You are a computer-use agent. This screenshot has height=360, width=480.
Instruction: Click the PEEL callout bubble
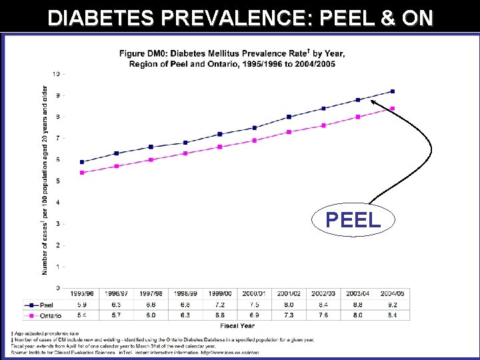(x=353, y=219)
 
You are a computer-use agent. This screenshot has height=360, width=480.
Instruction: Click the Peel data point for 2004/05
(x=393, y=91)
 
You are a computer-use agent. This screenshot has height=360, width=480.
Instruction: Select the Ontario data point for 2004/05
(x=393, y=108)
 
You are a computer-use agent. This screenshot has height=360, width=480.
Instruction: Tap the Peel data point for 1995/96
(x=82, y=162)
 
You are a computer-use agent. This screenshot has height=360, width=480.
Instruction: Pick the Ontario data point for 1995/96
(x=82, y=173)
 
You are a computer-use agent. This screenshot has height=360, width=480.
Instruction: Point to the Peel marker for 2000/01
(x=255, y=128)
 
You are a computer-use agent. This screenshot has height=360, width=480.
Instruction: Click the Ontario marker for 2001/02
(x=289, y=132)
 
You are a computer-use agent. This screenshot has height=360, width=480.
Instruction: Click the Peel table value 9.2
(x=393, y=305)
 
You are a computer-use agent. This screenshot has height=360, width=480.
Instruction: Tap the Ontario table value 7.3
(x=289, y=315)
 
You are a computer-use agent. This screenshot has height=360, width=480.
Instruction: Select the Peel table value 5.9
(x=82, y=305)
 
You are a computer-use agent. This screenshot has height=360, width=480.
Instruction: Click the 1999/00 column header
(x=220, y=294)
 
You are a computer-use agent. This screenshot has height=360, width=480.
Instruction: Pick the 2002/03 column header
(x=323, y=294)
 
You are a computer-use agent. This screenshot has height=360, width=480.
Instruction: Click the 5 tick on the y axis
(x=57, y=181)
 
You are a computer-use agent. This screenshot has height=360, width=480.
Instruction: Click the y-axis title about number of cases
(x=45, y=180)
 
